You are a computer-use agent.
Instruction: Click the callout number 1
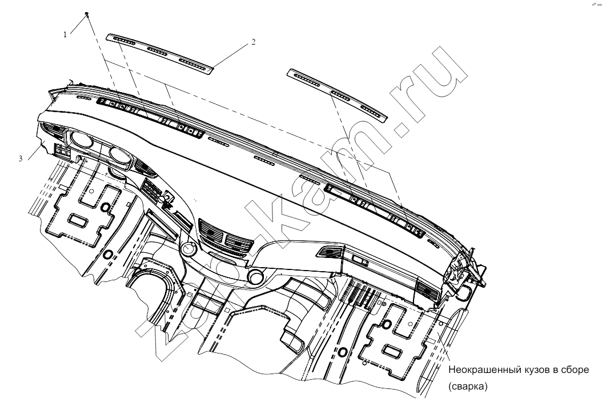[65, 34]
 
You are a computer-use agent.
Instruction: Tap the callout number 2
[254, 42]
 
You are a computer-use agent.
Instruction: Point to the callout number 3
[21, 158]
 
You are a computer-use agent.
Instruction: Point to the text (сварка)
[468, 386]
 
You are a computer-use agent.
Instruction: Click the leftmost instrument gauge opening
[82, 139]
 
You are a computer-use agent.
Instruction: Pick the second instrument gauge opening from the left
[120, 154]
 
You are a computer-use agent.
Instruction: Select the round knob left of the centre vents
[189, 249]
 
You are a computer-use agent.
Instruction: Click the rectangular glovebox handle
[360, 261]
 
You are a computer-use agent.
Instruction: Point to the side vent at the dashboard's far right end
[428, 291]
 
